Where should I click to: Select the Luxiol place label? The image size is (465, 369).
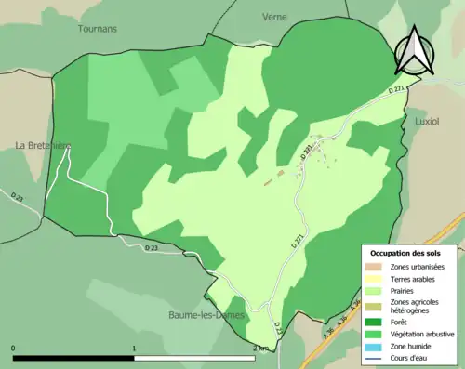(x=427, y=122)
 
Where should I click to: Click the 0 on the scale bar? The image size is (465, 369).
(x=14, y=349)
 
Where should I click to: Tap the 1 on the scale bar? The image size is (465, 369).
(x=136, y=349)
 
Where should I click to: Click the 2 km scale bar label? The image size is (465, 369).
(x=260, y=349)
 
